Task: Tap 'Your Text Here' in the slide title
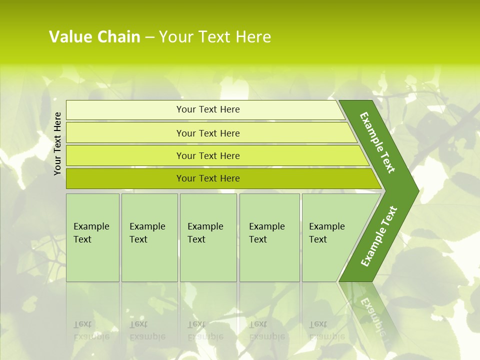coord(215,37)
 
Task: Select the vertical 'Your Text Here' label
coord(58,143)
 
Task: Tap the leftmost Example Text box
coord(92,237)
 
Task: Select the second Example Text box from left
coord(149,237)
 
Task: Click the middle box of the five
coord(208,237)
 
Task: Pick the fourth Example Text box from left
coord(269,237)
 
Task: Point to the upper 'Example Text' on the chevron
coord(377,142)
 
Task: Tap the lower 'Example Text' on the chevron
coord(379,236)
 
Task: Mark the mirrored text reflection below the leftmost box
coord(91,330)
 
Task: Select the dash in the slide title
coord(149,37)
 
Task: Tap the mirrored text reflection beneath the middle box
coord(205,330)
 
